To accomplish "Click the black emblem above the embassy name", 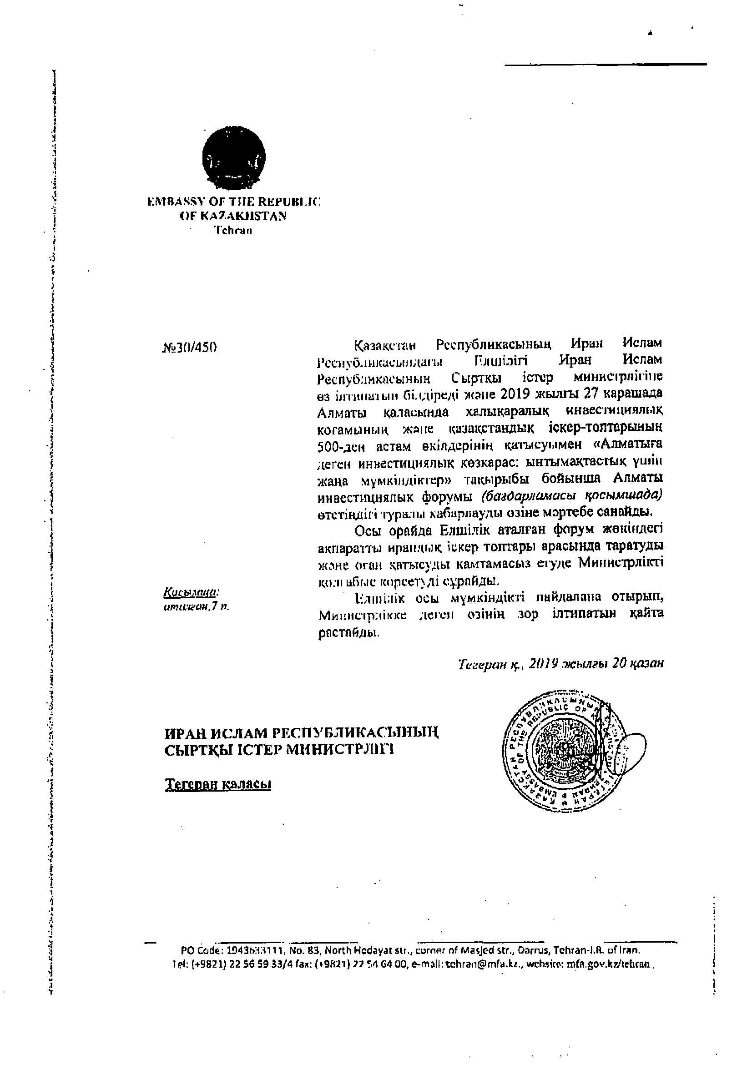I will click(233, 159).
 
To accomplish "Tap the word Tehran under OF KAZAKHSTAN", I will click(233, 231).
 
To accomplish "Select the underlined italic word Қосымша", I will click(191, 593).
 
